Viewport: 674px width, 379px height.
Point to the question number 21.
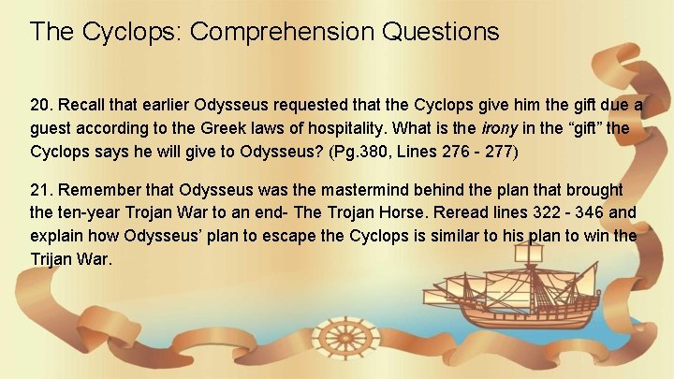[41, 189]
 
